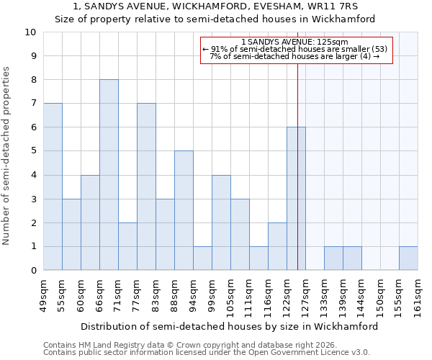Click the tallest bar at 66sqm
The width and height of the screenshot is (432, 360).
pos(109,175)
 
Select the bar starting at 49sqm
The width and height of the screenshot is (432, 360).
pos(53,186)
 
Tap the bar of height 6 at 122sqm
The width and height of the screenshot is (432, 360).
pos(296,199)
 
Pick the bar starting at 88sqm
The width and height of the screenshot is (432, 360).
pos(184,210)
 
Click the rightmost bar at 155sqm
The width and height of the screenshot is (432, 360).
pos(408,258)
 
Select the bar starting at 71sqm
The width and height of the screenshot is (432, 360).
pos(127,246)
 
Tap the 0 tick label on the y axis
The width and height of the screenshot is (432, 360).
pos(33,271)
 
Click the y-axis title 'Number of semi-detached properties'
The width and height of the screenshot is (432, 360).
pos(7,156)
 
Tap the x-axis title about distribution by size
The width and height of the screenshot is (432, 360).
pos(229,326)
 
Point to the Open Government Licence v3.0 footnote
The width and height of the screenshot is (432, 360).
pos(206,353)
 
